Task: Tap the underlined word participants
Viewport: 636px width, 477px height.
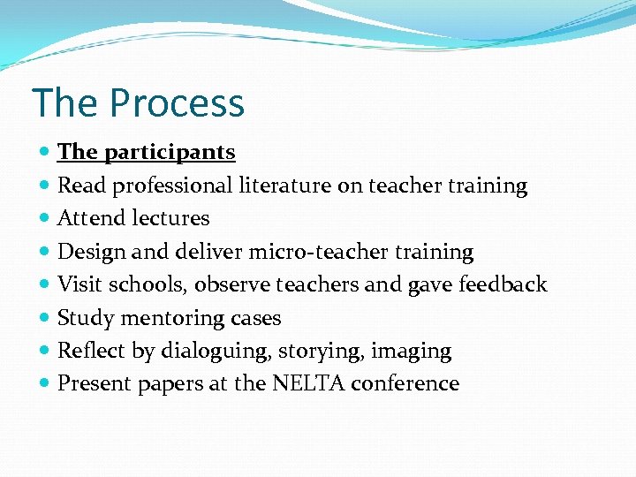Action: tap(170, 152)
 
